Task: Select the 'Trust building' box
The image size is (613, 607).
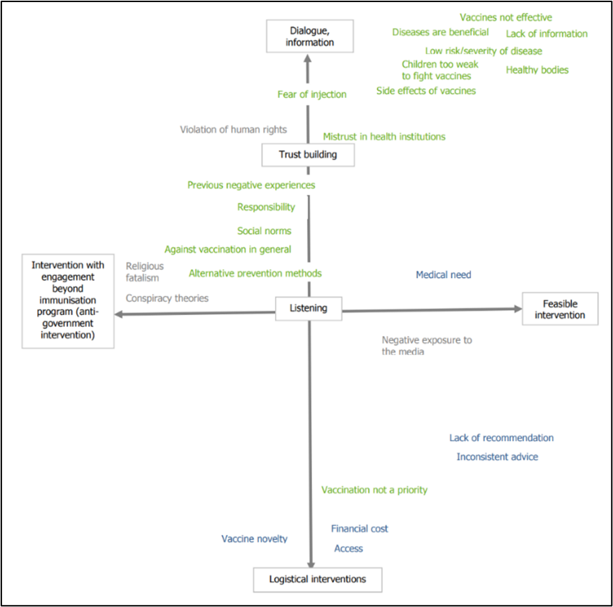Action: pos(308,155)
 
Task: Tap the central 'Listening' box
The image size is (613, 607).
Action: pos(309,308)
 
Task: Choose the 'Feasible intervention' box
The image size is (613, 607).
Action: pos(560,309)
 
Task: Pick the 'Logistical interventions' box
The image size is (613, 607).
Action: pos(318,579)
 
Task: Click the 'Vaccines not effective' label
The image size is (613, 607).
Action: pos(505,18)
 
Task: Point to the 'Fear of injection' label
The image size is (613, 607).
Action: pos(311,95)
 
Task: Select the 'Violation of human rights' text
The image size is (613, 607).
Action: pos(233,130)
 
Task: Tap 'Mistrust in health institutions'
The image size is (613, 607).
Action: pos(383,137)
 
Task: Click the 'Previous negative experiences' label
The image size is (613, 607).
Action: pos(251,186)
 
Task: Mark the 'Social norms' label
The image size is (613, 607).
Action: pos(264,231)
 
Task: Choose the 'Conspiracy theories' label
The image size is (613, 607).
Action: pos(167,298)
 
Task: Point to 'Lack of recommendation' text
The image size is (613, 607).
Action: pos(501,438)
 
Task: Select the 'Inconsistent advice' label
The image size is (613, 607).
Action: pos(497,457)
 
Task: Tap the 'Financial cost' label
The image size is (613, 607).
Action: pos(359,529)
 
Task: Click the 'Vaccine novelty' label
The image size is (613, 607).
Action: pos(254,539)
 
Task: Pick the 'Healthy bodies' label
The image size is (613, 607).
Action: pos(537,70)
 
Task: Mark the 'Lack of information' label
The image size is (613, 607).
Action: pos(547,34)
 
